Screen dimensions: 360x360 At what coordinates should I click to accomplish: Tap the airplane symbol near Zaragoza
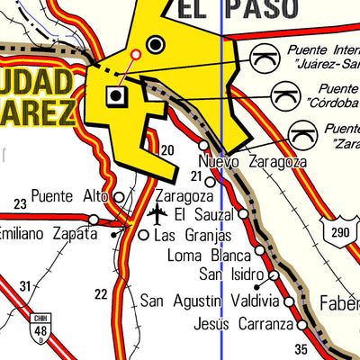[157, 215]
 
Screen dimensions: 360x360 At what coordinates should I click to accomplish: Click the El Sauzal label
[204, 214]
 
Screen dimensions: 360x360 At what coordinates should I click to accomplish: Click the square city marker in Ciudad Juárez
[116, 94]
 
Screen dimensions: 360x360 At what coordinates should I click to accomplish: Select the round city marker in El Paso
[157, 43]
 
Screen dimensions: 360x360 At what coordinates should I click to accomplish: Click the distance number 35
[301, 349]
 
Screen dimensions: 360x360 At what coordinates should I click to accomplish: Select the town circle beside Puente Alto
[118, 196]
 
